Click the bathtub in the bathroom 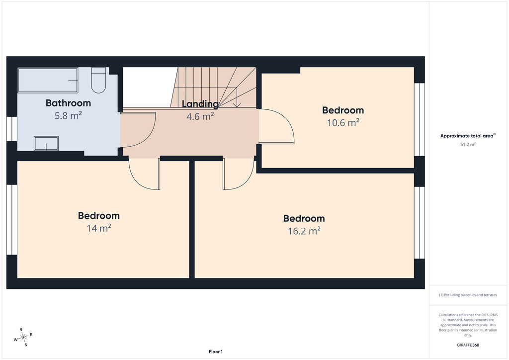coord(48,80)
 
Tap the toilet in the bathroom coord(98,80)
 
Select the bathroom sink coord(46,144)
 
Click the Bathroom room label coord(68,103)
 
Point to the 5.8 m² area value coord(68,115)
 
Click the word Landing coord(200,104)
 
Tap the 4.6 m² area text coord(200,116)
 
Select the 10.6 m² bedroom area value coord(343,123)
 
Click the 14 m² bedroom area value coord(99,228)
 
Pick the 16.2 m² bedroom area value coord(304,231)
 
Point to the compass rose coord(23,338)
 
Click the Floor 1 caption coord(216,352)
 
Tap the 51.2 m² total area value coord(468,145)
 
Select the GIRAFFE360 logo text coord(468,345)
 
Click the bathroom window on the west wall coord(12,129)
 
